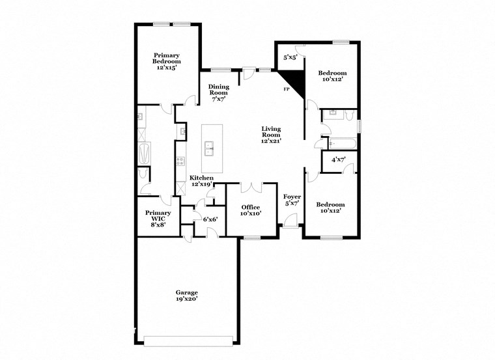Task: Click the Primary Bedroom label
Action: [167, 61]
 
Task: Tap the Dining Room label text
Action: [218, 93]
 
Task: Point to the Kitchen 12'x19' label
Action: [202, 181]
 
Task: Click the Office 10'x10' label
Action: [251, 210]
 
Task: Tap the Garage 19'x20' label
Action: [186, 296]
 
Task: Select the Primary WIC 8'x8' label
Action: [158, 218]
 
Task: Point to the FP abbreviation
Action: [285, 89]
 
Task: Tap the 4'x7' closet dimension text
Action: [339, 159]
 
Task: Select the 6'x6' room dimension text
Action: [210, 219]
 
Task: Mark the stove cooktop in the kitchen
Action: [180, 161]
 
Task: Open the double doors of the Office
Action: [251, 188]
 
